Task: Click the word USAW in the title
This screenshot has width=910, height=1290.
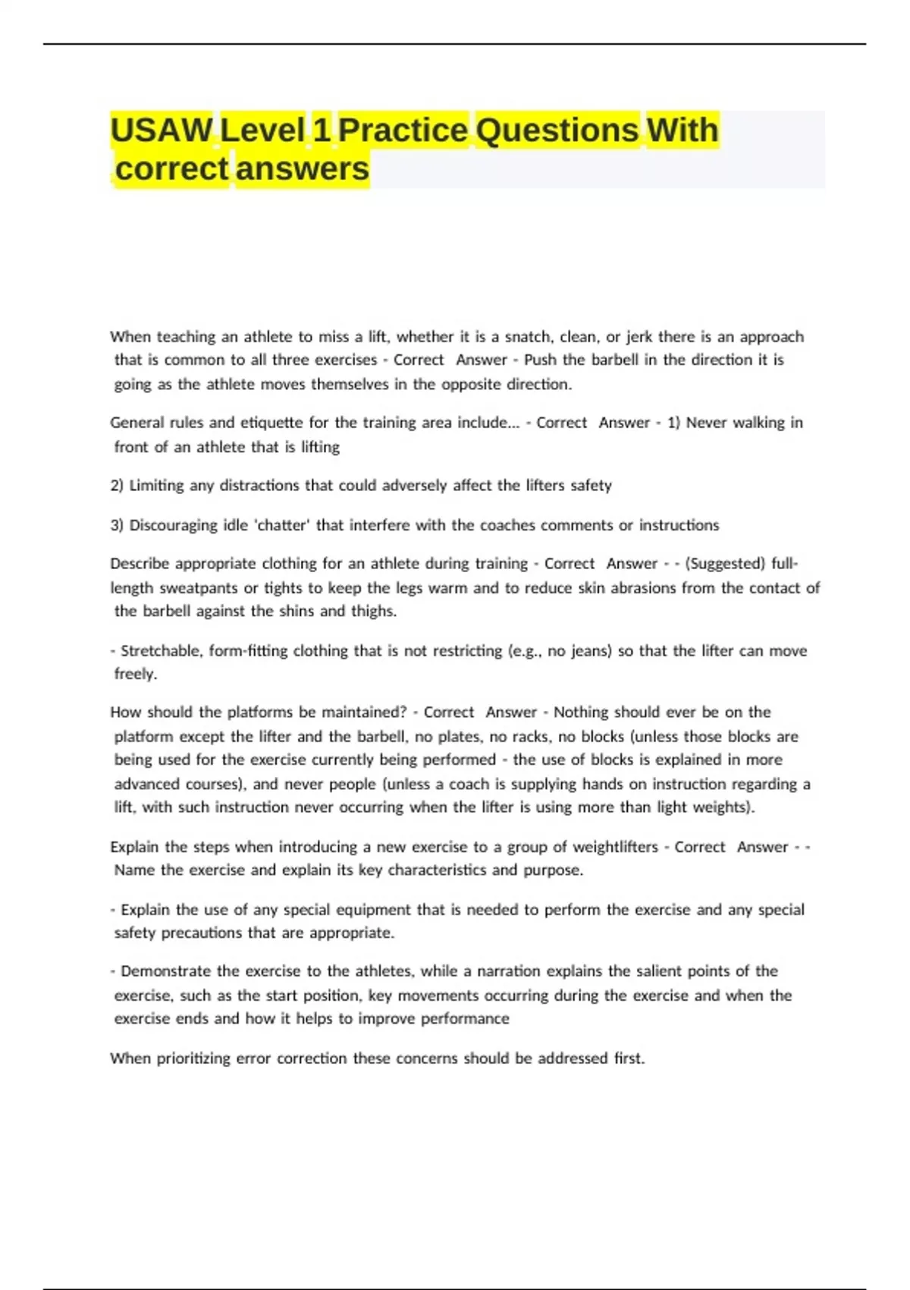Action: click(x=162, y=130)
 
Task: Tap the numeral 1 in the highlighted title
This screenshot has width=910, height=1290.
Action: click(x=322, y=130)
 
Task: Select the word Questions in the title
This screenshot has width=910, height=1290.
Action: click(x=557, y=130)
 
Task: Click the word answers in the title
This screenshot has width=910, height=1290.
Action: click(x=302, y=168)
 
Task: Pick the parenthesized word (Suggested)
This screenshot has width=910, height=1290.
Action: click(x=725, y=564)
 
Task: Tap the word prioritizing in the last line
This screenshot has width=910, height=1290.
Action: click(x=193, y=1059)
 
